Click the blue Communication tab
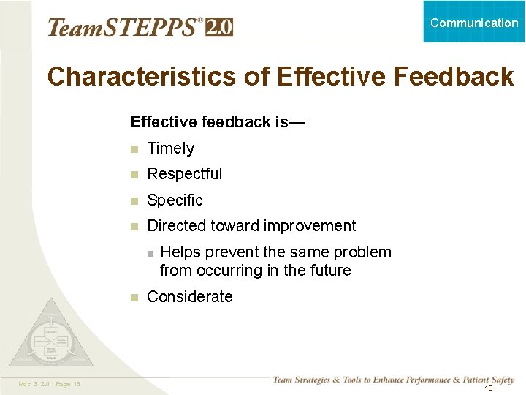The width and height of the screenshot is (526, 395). pyautogui.click(x=474, y=22)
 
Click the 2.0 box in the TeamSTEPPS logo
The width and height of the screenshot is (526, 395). pyautogui.click(x=219, y=28)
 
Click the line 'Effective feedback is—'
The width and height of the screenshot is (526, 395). pyautogui.click(x=218, y=122)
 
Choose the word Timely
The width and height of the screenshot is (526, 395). pyautogui.click(x=171, y=148)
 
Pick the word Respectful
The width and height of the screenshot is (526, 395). pyautogui.click(x=185, y=174)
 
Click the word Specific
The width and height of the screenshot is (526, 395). pyautogui.click(x=175, y=200)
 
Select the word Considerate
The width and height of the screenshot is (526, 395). pyautogui.click(x=190, y=297)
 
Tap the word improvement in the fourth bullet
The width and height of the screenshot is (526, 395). pyautogui.click(x=310, y=227)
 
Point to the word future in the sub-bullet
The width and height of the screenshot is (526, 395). pyautogui.click(x=329, y=271)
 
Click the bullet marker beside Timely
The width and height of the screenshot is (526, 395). pyautogui.click(x=134, y=149)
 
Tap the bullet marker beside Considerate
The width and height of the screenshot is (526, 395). pyautogui.click(x=134, y=298)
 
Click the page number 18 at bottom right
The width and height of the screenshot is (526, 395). pyautogui.click(x=488, y=388)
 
